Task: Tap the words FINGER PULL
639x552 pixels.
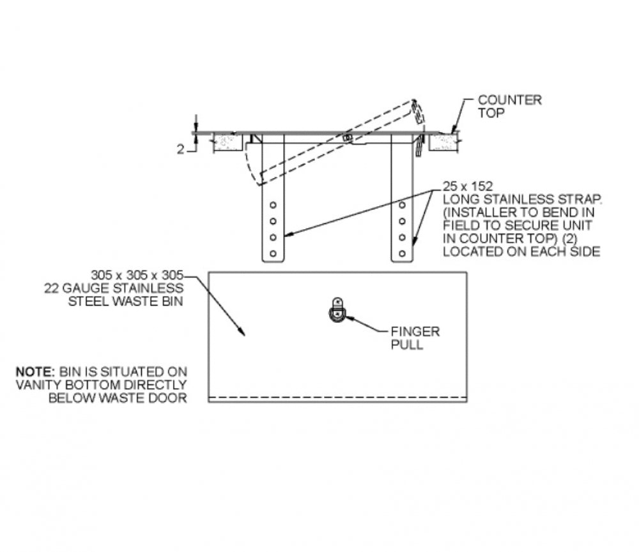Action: coord(415,338)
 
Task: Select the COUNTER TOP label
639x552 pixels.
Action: coord(509,106)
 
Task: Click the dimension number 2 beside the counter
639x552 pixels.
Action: coord(181,149)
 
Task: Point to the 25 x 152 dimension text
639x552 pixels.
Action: coord(468,186)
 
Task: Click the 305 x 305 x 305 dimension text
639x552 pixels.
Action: coord(137,275)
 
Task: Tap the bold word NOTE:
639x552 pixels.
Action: coord(35,371)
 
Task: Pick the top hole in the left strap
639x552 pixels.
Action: coord(273,205)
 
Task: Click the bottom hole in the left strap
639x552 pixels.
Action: coord(273,253)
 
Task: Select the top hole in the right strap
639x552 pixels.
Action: coord(402,205)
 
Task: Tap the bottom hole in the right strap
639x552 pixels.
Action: coord(402,253)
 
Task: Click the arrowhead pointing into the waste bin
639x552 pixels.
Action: coord(242,331)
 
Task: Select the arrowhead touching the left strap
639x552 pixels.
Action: coord(288,234)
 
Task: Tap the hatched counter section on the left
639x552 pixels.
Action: coord(228,142)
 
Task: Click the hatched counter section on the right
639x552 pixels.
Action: coord(443,142)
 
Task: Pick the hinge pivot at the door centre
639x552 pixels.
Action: coord(347,138)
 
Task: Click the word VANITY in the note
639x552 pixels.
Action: coord(39,385)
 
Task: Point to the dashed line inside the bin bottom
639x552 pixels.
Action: coord(337,397)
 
